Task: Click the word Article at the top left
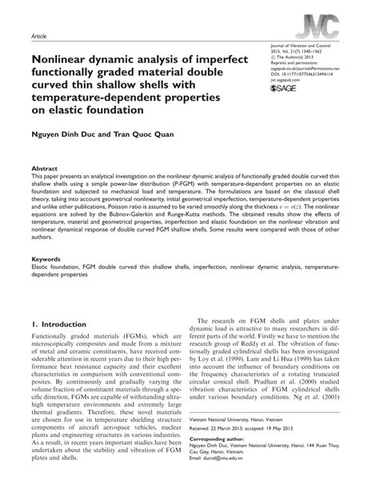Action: (x=39, y=37)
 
